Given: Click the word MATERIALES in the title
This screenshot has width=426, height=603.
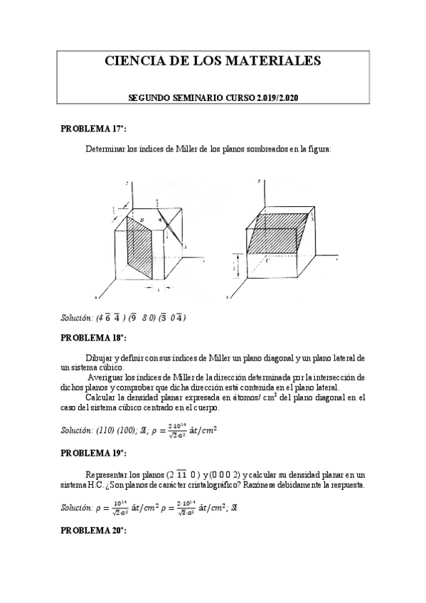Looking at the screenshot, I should pos(275,61).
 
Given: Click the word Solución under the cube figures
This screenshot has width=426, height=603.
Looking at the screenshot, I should pos(78,316).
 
